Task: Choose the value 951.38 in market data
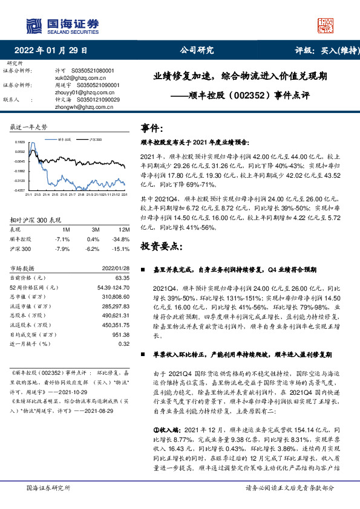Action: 120,334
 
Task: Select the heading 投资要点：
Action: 160,247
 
